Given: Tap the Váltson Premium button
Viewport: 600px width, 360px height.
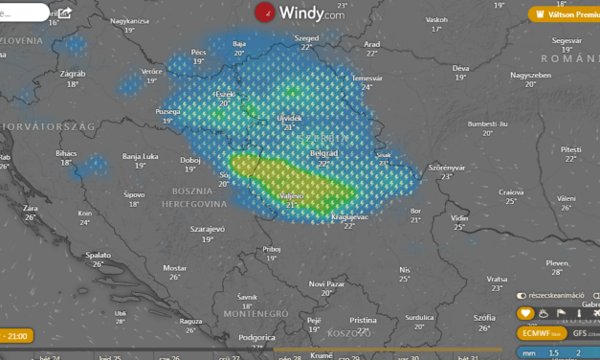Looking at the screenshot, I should pyautogui.click(x=565, y=13).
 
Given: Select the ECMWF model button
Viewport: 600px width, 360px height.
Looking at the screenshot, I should pyautogui.click(x=542, y=333).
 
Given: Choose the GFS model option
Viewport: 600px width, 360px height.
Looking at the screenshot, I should pyautogui.click(x=579, y=333).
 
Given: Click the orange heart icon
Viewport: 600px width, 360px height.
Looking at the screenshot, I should pyautogui.click(x=525, y=313).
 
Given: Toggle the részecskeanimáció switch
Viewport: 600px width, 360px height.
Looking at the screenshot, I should pyautogui.click(x=522, y=296).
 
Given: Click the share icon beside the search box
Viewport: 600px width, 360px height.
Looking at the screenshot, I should pyautogui.click(x=64, y=13).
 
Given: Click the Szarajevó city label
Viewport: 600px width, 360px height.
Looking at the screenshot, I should pyautogui.click(x=208, y=230).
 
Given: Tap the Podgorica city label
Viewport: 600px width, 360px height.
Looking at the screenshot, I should pyautogui.click(x=257, y=337).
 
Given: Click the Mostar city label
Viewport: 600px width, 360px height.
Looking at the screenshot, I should pyautogui.click(x=175, y=267).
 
